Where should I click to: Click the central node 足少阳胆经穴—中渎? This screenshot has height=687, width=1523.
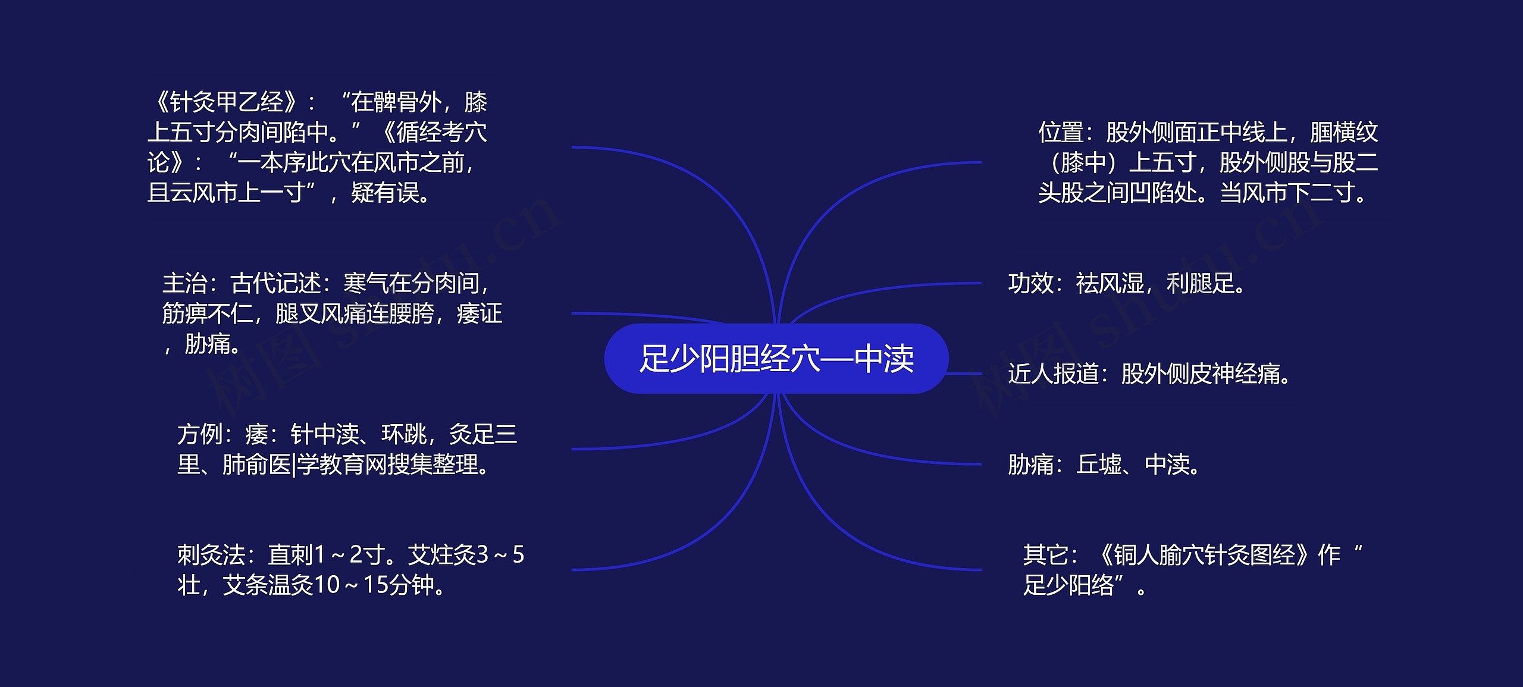(776, 359)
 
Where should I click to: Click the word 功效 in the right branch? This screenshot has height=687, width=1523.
(1030, 284)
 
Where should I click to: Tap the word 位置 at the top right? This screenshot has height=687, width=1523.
(1061, 132)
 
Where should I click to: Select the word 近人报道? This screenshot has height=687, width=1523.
(1053, 374)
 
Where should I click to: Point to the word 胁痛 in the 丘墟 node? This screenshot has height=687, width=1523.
(1030, 465)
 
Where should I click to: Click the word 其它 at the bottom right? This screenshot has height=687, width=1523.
(1045, 555)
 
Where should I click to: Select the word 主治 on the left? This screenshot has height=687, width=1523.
(184, 284)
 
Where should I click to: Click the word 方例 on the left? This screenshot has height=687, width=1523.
(199, 435)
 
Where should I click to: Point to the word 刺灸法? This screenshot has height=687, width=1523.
(211, 555)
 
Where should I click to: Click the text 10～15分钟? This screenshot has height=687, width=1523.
(374, 585)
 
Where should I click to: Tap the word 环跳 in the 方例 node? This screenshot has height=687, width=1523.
(404, 435)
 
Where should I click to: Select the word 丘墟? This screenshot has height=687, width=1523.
(1099, 465)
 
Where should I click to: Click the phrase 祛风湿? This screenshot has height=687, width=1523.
(1110, 284)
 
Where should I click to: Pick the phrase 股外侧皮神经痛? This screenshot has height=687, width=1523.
(1201, 374)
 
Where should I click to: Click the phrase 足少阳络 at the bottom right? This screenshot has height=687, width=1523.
(1068, 585)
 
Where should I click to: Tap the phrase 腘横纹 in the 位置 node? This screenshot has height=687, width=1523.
(1344, 132)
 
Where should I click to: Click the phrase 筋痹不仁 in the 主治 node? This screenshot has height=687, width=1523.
(207, 314)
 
